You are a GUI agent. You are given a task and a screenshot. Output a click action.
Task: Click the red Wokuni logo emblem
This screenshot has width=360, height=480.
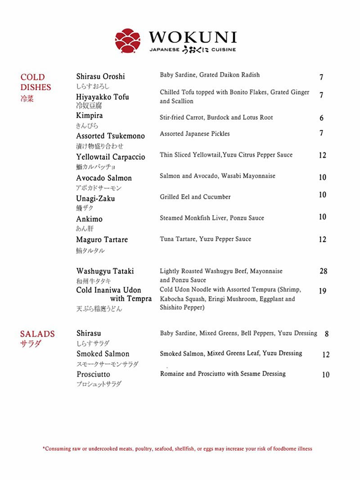pos(128,40)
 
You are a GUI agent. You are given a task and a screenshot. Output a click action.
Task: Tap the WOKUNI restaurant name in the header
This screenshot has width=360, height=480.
pos(193,37)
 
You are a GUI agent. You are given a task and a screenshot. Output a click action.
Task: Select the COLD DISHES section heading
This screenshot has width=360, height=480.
pos(36,82)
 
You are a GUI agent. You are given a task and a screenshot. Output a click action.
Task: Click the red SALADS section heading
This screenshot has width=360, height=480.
pos(37,334)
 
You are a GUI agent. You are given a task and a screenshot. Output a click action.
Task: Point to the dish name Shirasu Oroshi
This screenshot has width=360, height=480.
pos(100,76)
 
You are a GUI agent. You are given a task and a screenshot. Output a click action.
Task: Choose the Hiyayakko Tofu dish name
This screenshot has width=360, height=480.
pos(102,97)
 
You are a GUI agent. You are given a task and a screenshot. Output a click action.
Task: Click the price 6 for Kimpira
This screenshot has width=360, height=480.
pos(321,118)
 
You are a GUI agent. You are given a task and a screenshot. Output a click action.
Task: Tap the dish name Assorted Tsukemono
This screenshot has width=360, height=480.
pos(110,136)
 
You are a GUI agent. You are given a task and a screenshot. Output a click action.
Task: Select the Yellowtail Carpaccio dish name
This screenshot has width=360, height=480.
pos(110,157)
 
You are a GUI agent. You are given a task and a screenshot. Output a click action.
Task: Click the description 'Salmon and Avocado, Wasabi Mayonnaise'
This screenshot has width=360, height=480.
pos(217,176)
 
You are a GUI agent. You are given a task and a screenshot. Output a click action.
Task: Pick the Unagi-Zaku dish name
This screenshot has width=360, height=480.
pos(95,198)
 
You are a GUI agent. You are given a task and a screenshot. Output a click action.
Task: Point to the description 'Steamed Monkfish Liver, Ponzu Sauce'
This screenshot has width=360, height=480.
pos(211,218)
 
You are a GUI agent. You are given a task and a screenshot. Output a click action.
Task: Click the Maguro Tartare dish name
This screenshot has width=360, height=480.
pos(102,240)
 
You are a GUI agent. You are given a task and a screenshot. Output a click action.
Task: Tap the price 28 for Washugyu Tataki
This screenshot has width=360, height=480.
pos(323,271)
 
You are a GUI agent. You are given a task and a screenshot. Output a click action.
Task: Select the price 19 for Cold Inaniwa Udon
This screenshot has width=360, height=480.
pos(323,291)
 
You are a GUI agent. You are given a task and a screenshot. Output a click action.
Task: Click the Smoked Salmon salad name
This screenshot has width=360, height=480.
pos(103,354)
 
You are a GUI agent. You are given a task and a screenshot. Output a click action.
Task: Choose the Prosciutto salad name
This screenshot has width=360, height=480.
pos(93,374)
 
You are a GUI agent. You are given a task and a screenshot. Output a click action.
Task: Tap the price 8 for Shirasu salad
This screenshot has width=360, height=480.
pos(327,334)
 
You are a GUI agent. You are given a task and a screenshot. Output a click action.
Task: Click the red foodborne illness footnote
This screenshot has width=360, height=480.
pos(177,449)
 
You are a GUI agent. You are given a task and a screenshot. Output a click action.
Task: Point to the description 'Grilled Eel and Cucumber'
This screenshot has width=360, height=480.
pos(195,197)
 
